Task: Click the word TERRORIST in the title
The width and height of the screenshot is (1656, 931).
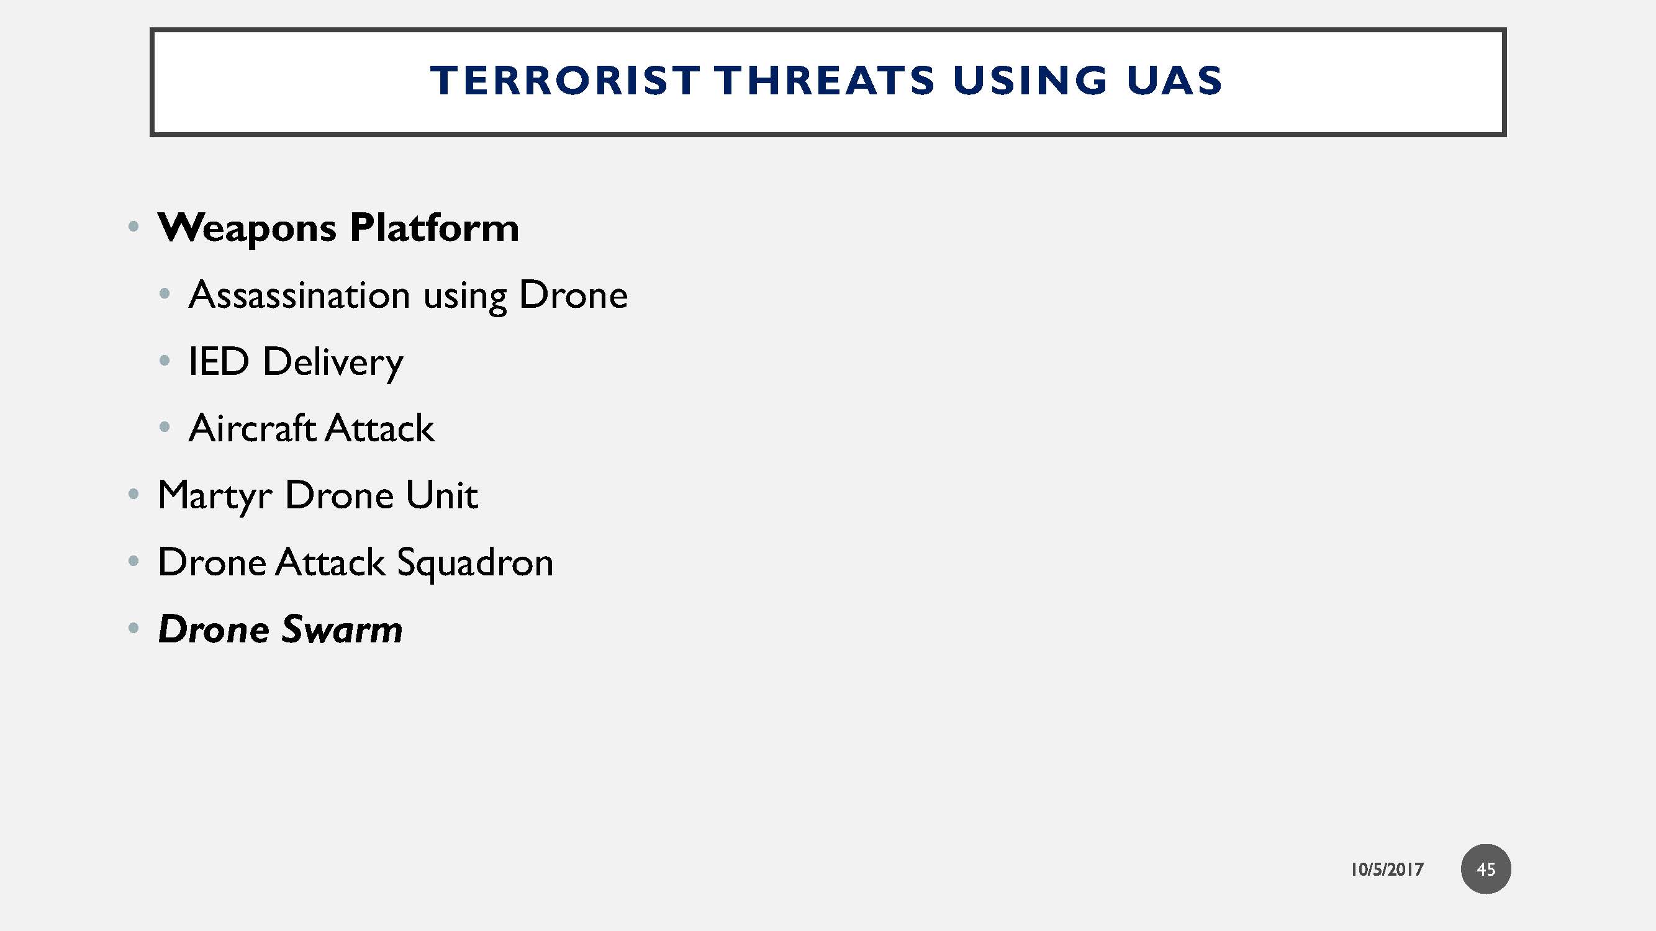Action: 564,81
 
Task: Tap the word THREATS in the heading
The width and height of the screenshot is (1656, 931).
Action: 824,81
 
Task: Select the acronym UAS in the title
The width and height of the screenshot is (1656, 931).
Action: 1174,81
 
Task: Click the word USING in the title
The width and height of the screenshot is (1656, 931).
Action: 1030,81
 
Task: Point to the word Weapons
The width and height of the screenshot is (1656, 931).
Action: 247,228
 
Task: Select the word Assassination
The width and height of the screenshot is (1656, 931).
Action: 299,295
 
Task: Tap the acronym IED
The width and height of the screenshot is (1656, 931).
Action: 219,361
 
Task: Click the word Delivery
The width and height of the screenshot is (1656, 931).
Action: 333,363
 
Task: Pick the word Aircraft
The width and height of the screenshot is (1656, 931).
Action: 251,428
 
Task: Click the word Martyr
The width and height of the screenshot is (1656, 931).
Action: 215,497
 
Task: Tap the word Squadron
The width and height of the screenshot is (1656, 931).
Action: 474,564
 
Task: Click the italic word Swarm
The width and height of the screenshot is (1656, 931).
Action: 342,629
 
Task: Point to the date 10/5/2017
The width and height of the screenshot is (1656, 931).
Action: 1387,870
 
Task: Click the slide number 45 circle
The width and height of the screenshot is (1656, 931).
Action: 1486,869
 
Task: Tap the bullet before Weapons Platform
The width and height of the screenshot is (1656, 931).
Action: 133,226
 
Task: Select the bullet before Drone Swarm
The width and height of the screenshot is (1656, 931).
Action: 133,627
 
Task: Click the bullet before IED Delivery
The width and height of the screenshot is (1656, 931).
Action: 165,361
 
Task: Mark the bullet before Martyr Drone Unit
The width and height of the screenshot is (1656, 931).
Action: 133,494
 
